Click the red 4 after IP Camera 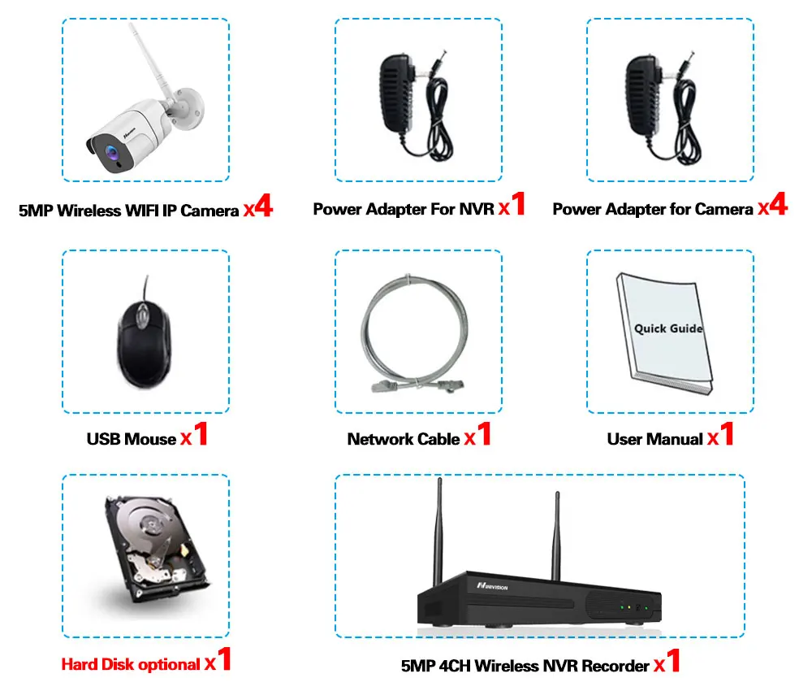click(x=262, y=206)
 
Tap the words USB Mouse click(x=131, y=439)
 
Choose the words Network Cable click(x=404, y=439)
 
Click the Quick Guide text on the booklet click(x=668, y=328)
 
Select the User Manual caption click(x=654, y=439)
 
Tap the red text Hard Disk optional click(x=131, y=664)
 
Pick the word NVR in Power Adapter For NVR click(x=476, y=209)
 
